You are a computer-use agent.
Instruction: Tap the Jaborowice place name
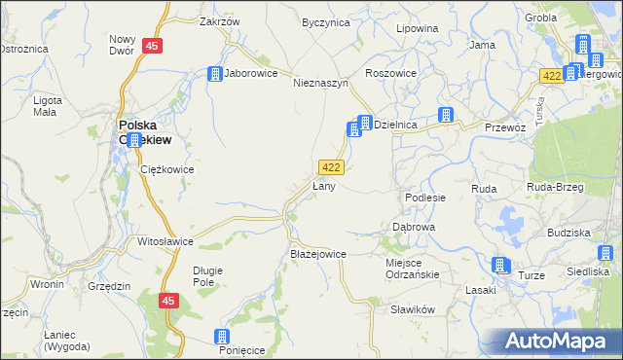click(x=251, y=73)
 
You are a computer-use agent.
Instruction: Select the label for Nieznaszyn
click(x=320, y=84)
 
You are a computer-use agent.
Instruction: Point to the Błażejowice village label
click(x=318, y=254)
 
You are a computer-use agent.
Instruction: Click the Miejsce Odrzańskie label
click(x=413, y=268)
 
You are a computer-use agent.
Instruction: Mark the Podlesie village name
click(x=425, y=198)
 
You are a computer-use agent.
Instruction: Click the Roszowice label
click(x=390, y=73)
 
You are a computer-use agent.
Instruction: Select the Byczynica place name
click(x=325, y=22)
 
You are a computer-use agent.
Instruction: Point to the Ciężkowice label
click(x=167, y=169)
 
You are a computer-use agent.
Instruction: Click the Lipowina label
click(x=417, y=28)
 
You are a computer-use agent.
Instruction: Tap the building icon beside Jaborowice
click(x=214, y=73)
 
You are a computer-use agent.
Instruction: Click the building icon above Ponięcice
click(x=222, y=337)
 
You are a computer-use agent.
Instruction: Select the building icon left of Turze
click(x=500, y=265)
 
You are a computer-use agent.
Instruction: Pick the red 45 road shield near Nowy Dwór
click(x=151, y=46)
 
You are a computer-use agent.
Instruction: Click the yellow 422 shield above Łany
click(x=330, y=167)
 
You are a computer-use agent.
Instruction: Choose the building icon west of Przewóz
click(x=445, y=115)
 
